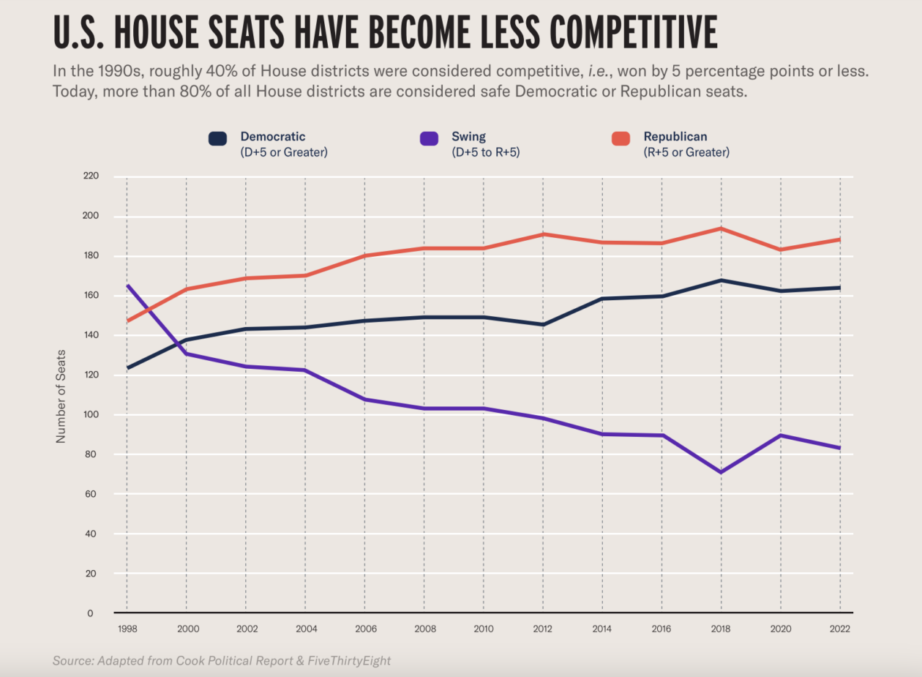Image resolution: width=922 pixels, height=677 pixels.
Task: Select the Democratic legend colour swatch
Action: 217,138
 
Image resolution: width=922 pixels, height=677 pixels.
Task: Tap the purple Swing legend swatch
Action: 430,138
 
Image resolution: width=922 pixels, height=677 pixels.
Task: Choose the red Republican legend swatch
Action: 621,138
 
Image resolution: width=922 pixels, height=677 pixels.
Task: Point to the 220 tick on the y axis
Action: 91,176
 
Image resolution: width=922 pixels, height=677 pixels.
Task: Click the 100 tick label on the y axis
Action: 91,415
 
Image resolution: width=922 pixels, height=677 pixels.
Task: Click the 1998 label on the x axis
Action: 127,628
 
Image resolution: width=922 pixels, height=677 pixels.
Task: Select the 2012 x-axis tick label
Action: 542,628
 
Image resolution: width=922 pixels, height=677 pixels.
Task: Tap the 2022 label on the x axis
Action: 839,628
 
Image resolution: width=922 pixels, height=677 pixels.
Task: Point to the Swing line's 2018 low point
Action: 721,472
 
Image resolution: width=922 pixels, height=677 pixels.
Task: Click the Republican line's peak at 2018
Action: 721,228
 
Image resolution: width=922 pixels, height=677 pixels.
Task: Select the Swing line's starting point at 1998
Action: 127,285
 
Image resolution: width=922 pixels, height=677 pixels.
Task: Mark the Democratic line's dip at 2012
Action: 542,324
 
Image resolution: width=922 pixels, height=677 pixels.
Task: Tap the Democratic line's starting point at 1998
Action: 127,367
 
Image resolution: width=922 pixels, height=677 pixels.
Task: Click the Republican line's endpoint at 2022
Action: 839,239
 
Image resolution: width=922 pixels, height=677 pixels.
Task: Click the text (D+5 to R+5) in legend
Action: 486,153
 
